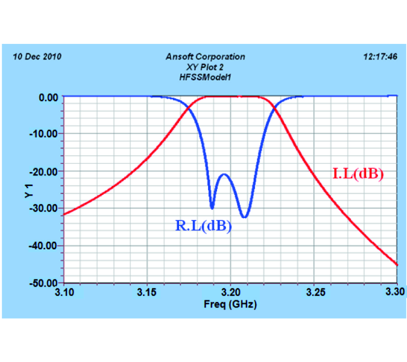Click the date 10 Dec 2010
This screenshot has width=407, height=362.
tap(37, 57)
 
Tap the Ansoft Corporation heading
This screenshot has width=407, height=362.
tap(205, 57)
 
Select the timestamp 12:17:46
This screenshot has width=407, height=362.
tap(380, 57)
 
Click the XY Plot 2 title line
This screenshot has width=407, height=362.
tap(205, 67)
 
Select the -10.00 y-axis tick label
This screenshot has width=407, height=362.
tap(45, 133)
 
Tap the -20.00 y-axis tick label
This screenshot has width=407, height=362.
tap(45, 171)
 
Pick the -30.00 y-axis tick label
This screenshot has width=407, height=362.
tap(45, 208)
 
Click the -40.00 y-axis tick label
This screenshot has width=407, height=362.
tap(45, 245)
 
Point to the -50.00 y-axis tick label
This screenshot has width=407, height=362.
tap(45, 283)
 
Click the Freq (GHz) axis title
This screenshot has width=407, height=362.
tap(231, 304)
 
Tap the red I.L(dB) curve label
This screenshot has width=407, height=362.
tap(358, 174)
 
